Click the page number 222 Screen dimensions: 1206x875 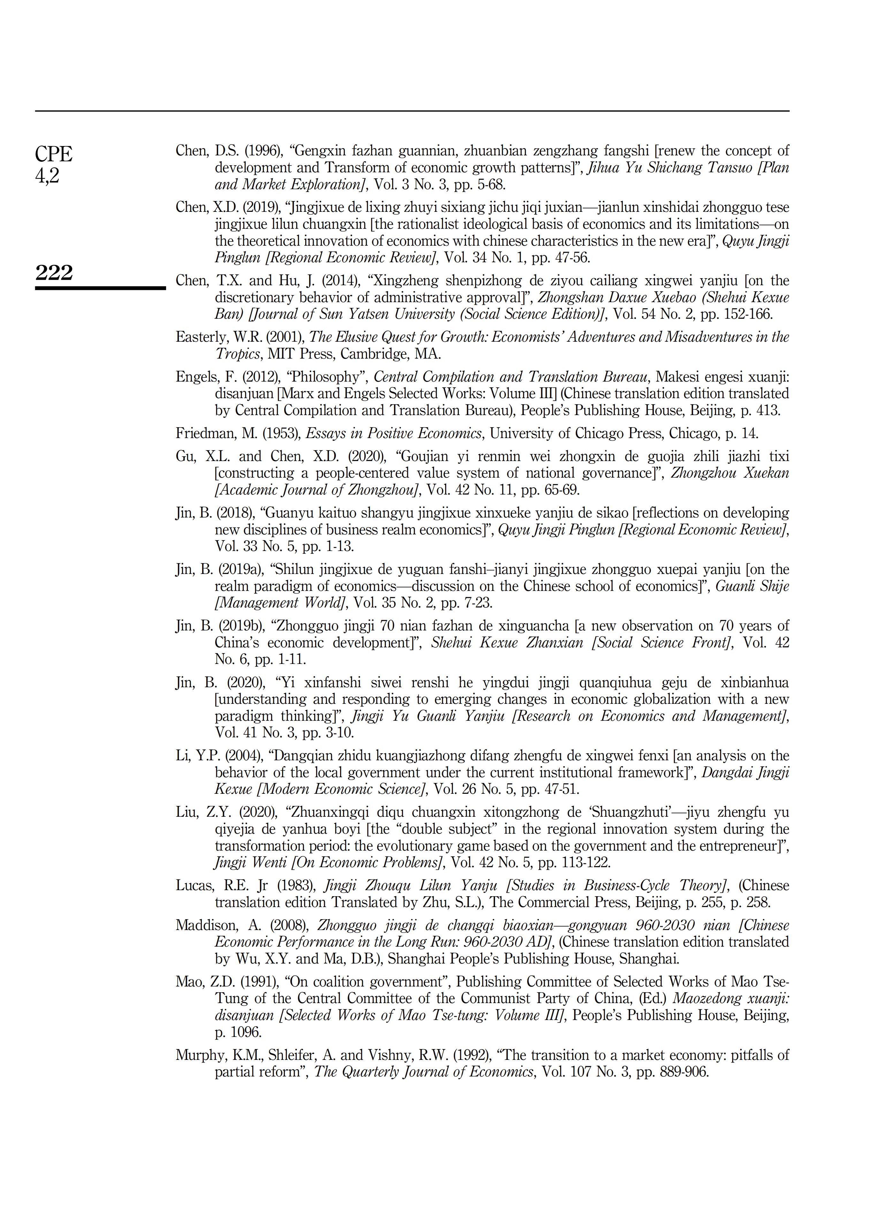[x=54, y=273]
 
